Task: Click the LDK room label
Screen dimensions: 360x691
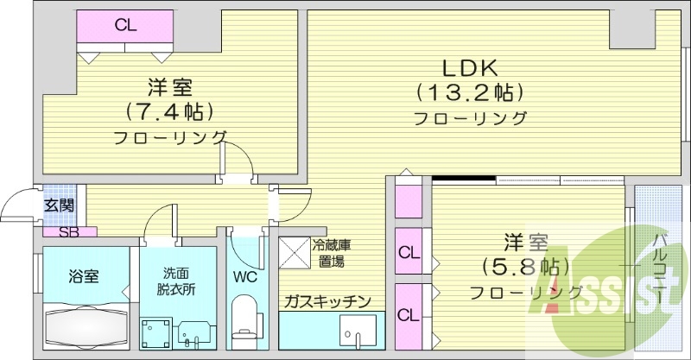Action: [471, 68]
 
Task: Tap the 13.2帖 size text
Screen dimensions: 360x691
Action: [471, 91]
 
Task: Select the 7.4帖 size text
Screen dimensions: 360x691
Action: [168, 111]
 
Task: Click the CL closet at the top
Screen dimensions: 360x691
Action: [125, 25]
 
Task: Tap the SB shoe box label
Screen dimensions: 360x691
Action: [67, 231]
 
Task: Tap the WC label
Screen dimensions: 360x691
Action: [244, 278]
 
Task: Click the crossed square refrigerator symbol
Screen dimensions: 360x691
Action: [294, 253]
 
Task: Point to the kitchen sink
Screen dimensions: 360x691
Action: [358, 332]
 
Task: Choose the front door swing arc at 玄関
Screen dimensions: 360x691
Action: [16, 207]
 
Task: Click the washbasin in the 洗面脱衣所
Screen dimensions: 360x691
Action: [193, 332]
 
